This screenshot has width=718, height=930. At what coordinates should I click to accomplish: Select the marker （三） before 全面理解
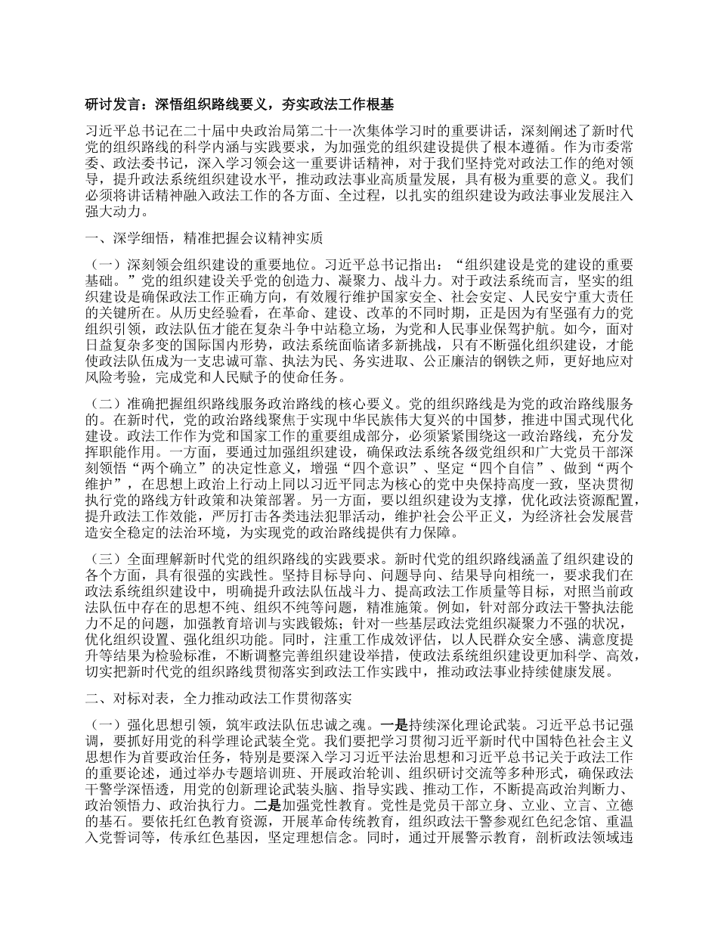click(x=104, y=560)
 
